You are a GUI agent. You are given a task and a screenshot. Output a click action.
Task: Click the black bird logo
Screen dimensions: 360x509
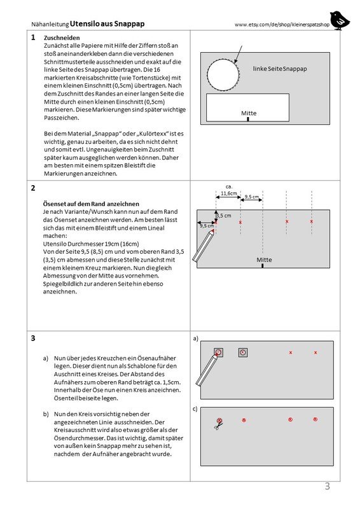340,20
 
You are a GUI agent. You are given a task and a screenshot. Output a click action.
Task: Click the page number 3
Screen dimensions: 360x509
327,486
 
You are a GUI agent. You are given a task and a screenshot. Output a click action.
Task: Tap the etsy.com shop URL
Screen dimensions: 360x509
282,25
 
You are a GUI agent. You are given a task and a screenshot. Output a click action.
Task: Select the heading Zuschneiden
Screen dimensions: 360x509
62,38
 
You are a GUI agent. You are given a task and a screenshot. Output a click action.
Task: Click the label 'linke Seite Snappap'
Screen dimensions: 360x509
279,69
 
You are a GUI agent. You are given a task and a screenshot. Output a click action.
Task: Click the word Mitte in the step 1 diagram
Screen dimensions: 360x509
249,113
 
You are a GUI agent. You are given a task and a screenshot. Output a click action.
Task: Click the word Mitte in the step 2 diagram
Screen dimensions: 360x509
264,260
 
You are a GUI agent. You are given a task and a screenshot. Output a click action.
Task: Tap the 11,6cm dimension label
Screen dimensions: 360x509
229,193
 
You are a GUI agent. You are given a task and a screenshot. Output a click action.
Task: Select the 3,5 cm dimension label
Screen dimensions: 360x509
224,216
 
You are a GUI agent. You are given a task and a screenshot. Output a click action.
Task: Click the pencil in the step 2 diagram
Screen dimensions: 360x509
204,246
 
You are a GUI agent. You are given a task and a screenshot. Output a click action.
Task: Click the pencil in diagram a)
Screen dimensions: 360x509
207,370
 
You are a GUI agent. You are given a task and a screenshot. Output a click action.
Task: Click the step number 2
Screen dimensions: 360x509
33,188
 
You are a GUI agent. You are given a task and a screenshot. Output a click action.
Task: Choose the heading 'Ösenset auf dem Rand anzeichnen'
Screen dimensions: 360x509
91,204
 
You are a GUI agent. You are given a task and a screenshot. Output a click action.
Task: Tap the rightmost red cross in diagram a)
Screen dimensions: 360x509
315,352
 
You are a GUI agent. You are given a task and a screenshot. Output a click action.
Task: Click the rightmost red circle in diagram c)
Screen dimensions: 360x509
315,419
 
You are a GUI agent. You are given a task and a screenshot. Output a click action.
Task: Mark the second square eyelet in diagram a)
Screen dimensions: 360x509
243,352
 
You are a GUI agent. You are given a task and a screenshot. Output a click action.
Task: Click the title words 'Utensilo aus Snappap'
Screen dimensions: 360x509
107,24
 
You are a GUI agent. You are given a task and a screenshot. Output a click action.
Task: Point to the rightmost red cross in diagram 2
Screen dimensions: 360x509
311,221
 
